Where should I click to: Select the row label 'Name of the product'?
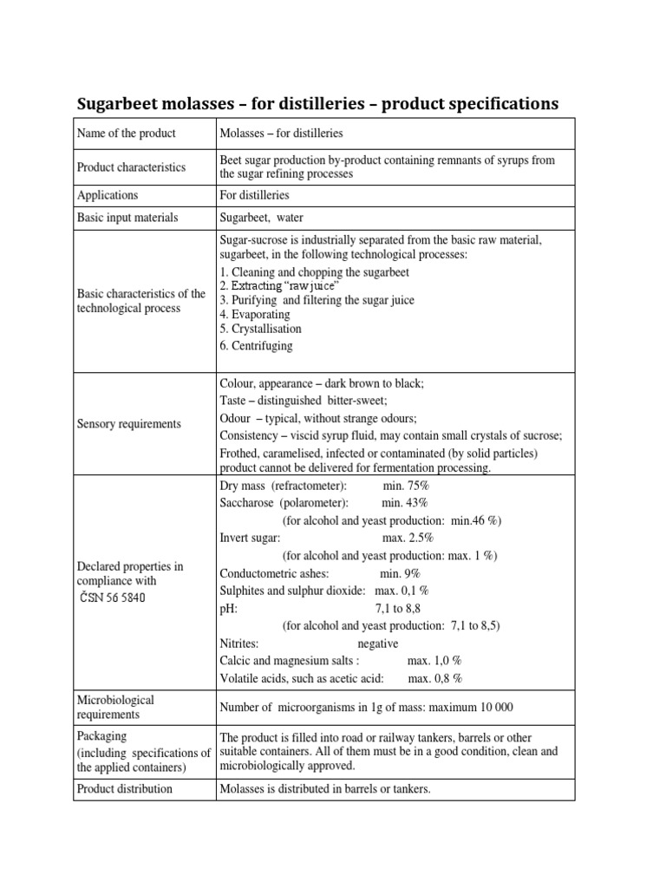coord(127,134)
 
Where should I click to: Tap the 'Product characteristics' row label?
coord(132,167)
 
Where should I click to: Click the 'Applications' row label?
coord(108,195)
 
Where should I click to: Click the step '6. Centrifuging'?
coord(257,345)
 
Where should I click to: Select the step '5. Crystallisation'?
coord(261,330)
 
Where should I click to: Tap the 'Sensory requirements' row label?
coord(129,424)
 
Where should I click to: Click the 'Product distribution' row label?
coord(125,789)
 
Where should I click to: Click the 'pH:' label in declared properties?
coord(228,609)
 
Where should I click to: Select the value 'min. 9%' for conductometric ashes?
coord(400,573)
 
